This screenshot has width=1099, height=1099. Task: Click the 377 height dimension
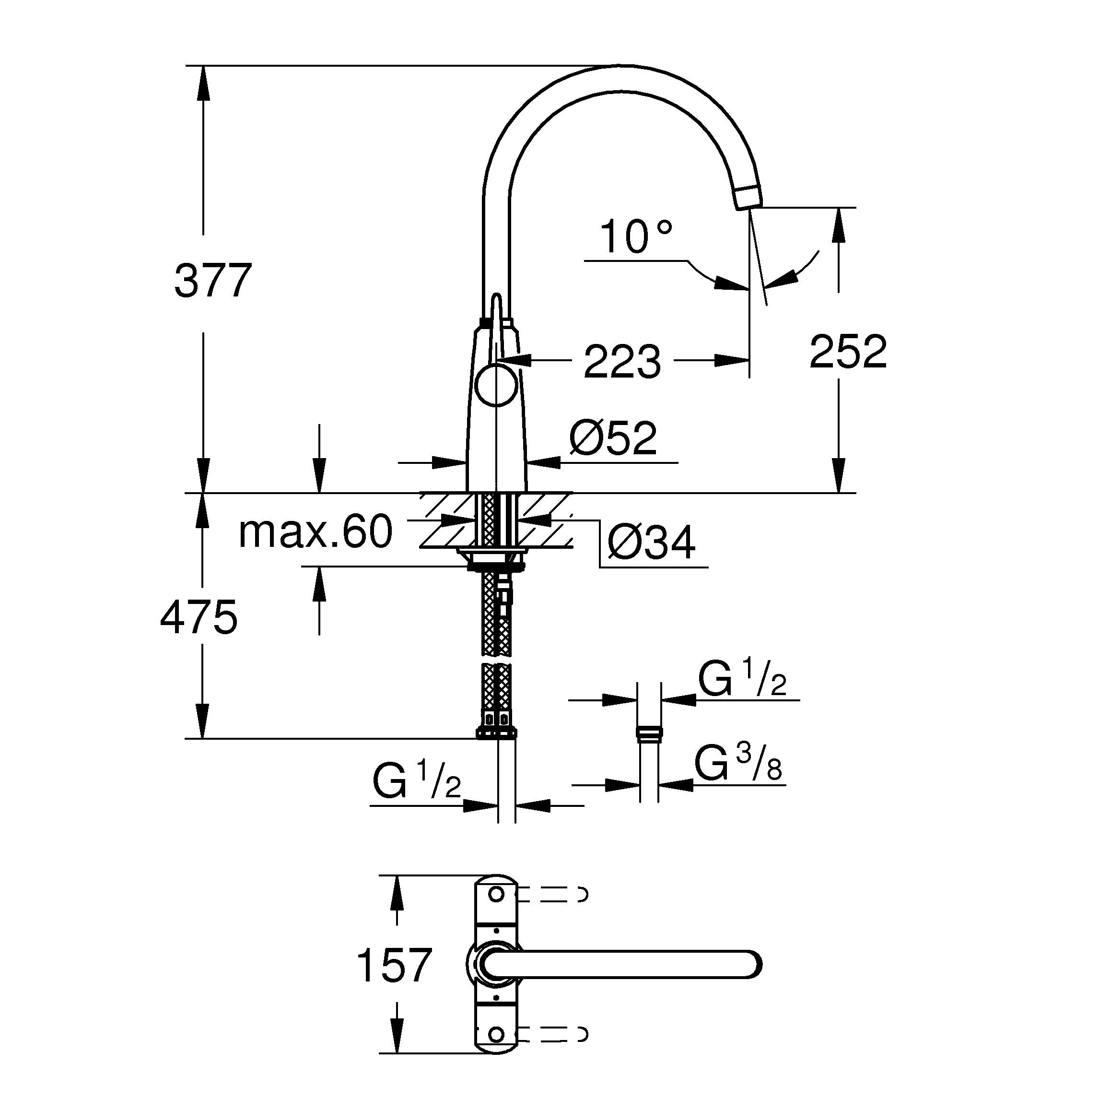[213, 281]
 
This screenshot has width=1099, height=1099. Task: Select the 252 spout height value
[848, 352]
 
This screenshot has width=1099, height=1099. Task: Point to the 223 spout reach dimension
[622, 362]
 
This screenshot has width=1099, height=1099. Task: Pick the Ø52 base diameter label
[613, 438]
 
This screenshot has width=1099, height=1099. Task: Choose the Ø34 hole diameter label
[651, 544]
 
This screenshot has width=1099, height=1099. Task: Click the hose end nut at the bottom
[497, 733]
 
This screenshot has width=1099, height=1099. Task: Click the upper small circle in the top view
[497, 895]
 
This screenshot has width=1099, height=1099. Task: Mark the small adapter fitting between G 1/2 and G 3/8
[649, 733]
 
